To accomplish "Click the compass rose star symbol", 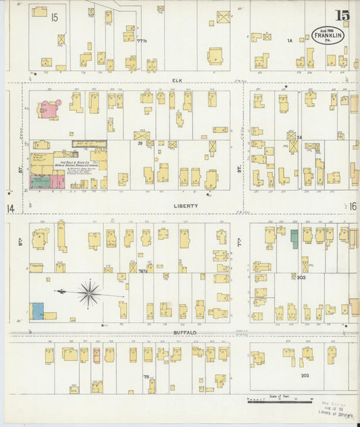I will [89, 293].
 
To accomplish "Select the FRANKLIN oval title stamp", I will [328, 34].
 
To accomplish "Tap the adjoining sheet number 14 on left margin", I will [10, 208].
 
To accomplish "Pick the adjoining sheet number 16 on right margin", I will [353, 206].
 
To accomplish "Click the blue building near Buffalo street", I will [37, 311].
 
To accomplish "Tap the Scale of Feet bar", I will [279, 401].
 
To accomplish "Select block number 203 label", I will [301, 277].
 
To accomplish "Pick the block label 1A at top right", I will [289, 41].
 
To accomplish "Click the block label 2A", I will [299, 137].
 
